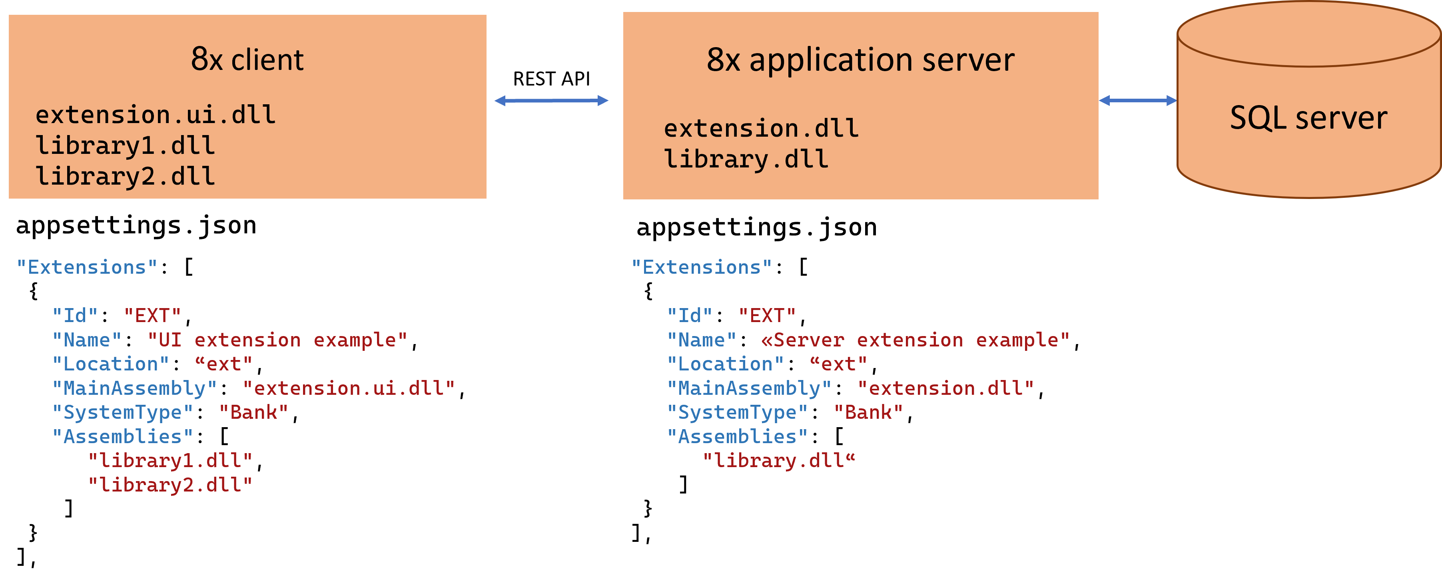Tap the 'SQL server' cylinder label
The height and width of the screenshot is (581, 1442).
click(1308, 118)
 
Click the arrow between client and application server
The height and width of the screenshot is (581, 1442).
click(551, 101)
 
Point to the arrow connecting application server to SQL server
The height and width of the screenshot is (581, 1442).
click(1137, 101)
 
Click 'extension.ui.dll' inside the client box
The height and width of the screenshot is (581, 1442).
click(155, 115)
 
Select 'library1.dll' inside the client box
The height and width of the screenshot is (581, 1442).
click(125, 145)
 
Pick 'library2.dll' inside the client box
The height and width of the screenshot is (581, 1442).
click(125, 176)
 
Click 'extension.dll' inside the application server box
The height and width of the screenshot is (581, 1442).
click(761, 129)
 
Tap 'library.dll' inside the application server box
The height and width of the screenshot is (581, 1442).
click(746, 159)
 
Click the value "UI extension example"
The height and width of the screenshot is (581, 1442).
click(277, 340)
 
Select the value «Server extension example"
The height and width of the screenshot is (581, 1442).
click(915, 340)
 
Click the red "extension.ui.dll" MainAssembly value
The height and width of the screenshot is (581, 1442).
click(348, 388)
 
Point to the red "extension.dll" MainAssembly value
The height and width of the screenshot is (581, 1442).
click(945, 388)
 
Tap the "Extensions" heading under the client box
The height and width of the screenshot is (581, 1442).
click(87, 267)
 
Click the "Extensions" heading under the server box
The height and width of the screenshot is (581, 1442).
click(701, 267)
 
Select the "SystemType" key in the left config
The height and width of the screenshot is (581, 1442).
click(122, 412)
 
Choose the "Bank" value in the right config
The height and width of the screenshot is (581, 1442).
click(868, 412)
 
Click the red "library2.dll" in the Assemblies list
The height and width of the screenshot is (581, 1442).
click(170, 485)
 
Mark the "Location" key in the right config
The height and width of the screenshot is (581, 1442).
click(725, 364)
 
